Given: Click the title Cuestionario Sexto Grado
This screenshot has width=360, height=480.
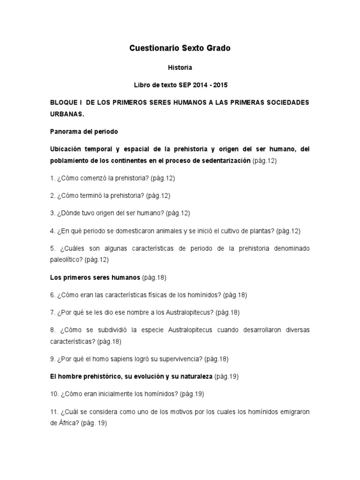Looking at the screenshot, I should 180,48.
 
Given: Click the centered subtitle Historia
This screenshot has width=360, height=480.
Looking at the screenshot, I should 180,67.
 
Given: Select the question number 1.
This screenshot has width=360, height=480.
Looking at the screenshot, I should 52,178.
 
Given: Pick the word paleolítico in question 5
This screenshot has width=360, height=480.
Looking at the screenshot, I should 67,259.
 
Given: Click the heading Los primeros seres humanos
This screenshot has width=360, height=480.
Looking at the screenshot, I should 95,277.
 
